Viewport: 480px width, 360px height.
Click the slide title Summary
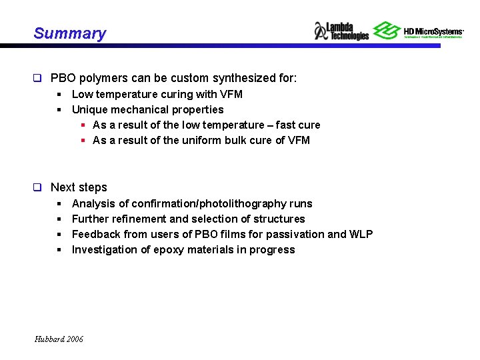69,33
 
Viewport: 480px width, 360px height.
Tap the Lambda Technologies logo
341,31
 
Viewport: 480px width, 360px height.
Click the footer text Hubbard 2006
59,339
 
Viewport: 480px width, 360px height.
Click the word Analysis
92,203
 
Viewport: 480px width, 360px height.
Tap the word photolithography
235,203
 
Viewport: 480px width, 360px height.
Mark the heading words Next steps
79,188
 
